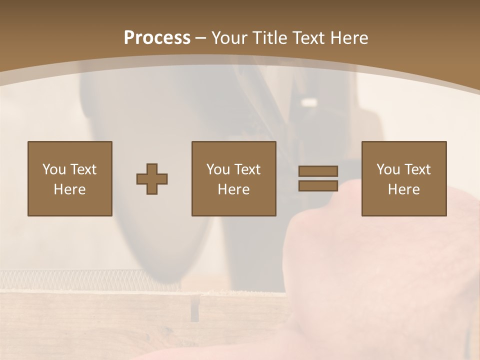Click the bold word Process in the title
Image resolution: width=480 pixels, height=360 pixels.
coord(157,38)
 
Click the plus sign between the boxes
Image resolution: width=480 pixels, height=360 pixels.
coord(152,179)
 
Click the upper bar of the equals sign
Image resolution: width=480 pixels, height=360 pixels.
coord(318,171)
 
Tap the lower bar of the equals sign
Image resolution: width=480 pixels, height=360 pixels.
coord(318,185)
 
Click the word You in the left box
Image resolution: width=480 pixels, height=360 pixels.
coord(54,169)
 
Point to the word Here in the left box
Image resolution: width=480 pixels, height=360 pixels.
coord(69,189)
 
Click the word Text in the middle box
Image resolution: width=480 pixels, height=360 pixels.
coord(247,169)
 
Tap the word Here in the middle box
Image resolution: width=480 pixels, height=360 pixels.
coord(233,189)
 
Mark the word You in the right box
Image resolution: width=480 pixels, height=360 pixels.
coord(388,169)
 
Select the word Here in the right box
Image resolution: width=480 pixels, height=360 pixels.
coord(403,189)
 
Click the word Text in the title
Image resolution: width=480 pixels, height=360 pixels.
coord(308,38)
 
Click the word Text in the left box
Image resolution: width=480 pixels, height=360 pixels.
coord(83,169)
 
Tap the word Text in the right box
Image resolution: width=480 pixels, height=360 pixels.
coord(417,169)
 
